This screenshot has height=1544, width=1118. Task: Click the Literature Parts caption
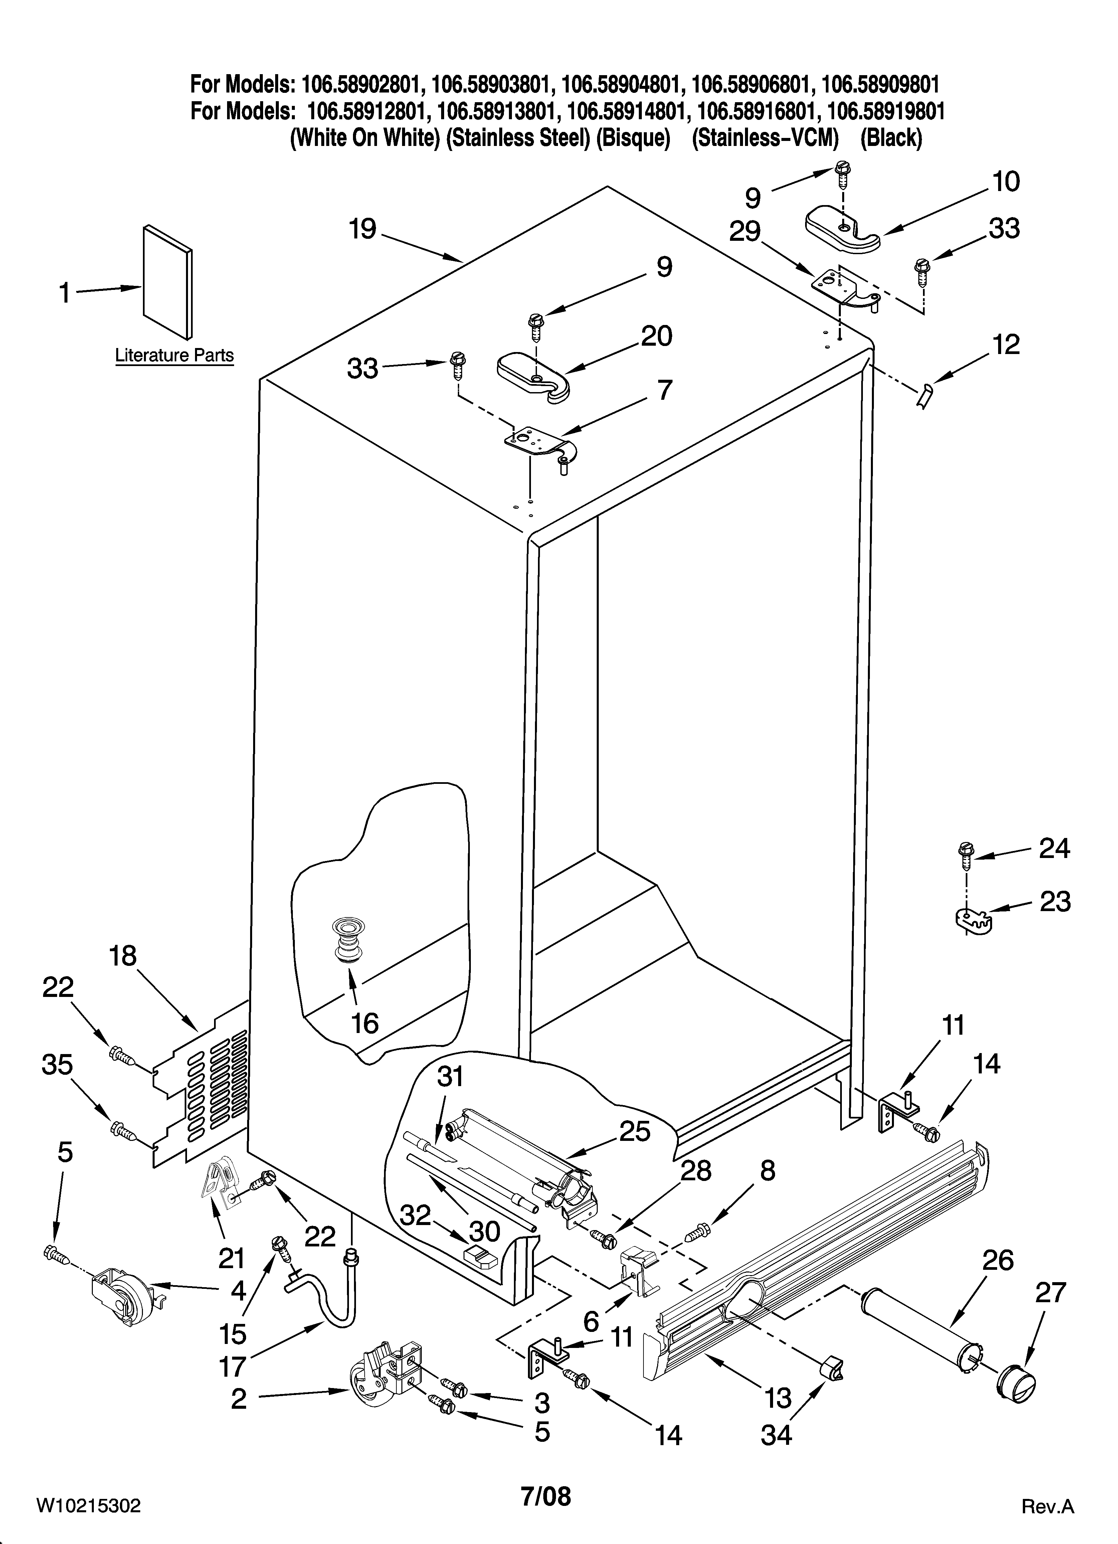pyautogui.click(x=174, y=355)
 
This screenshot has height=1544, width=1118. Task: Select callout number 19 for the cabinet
pyautogui.click(x=363, y=229)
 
